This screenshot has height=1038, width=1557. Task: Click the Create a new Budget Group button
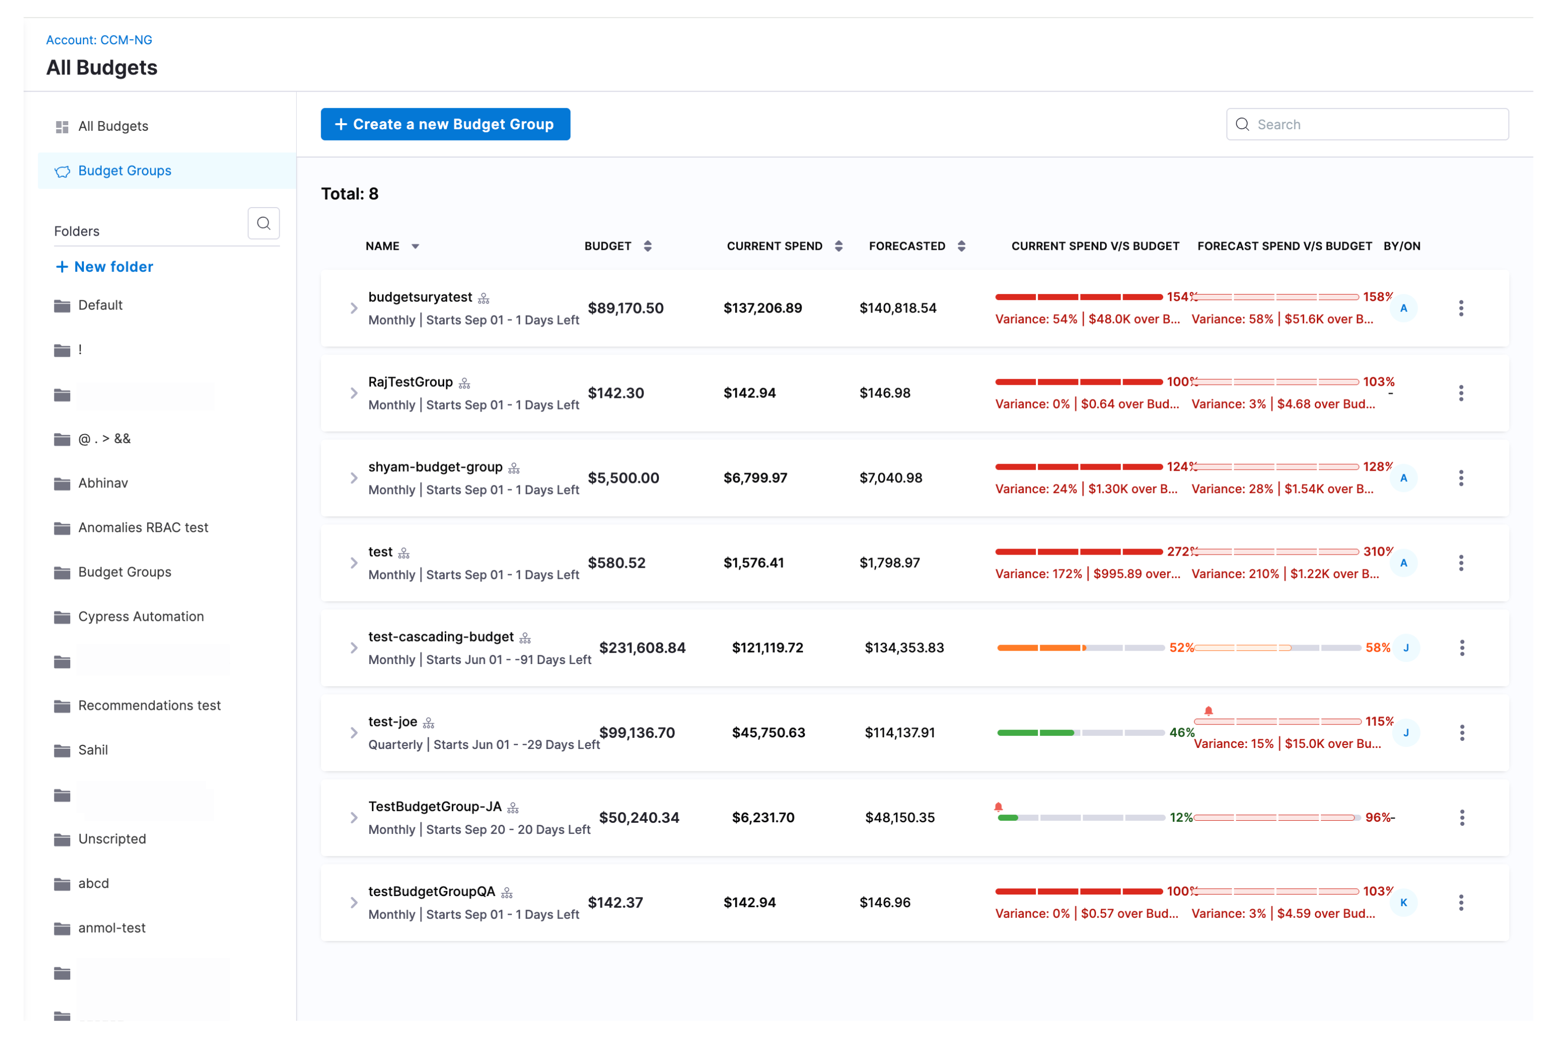445,125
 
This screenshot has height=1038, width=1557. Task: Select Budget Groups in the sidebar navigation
125,171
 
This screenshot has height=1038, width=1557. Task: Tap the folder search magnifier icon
264,223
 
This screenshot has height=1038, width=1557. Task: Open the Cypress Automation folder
140,616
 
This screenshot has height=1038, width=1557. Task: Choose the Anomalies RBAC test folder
143,528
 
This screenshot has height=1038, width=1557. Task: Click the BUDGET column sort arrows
647,246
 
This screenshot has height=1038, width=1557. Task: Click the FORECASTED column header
907,246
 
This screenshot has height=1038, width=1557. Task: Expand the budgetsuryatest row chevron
354,308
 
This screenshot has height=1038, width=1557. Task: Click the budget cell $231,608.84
642,648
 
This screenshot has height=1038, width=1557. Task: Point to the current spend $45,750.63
768,733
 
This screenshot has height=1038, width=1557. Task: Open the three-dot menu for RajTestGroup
1461,393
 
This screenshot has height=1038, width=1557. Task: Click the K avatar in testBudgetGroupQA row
1403,903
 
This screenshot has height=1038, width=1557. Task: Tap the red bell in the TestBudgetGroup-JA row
998,807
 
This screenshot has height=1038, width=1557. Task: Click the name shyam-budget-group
436,468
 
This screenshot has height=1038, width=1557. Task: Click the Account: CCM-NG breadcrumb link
99,40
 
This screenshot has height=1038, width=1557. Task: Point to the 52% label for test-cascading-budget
1181,648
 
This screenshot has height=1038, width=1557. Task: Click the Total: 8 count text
350,194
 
